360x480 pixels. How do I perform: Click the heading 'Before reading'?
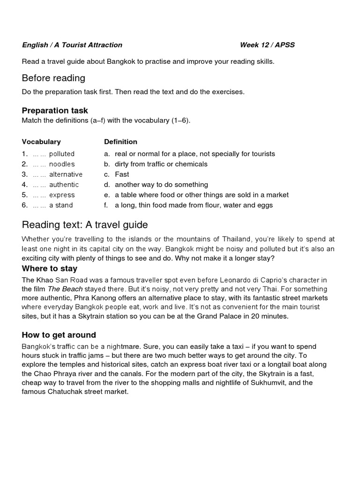53,78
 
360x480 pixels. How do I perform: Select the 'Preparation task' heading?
55,111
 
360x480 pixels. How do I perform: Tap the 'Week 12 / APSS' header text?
267,45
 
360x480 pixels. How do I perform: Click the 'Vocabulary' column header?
41,142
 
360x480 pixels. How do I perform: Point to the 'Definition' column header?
120,142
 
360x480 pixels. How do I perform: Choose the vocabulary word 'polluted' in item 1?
62,154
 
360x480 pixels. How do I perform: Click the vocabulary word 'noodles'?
62,164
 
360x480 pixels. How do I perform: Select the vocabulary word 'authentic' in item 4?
64,185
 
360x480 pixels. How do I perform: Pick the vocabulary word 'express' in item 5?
62,195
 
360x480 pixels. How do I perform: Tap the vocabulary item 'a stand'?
61,205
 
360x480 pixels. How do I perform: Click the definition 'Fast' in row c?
122,174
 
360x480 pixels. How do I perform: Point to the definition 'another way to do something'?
161,185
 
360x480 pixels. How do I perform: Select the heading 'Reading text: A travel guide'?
85,225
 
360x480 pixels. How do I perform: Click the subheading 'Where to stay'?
50,269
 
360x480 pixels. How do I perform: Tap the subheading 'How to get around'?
59,335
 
